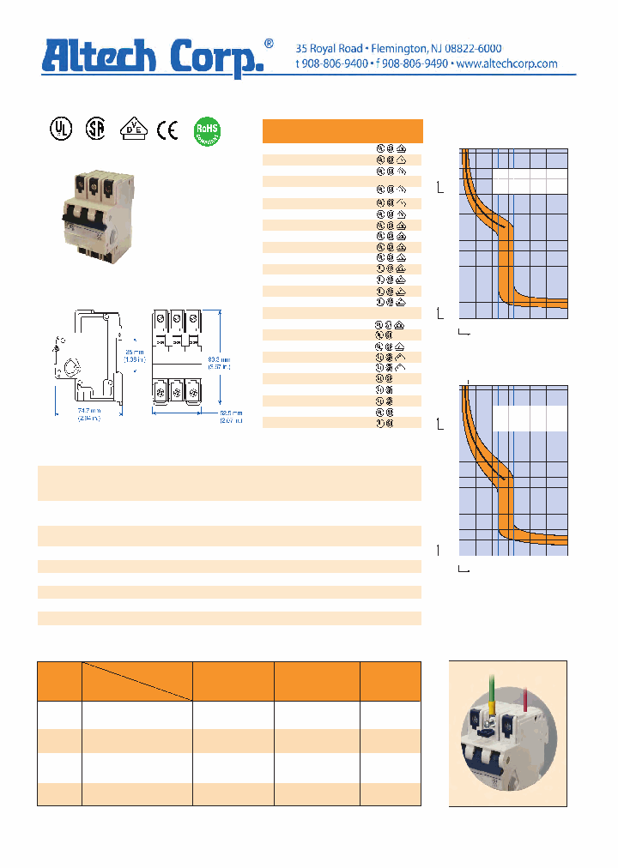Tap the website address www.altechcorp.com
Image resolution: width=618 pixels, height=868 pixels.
(506, 64)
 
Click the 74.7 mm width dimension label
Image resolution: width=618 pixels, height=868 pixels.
(85, 416)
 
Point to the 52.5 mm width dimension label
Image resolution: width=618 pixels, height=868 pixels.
(230, 416)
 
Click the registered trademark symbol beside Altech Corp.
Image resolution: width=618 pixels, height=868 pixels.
(269, 44)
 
